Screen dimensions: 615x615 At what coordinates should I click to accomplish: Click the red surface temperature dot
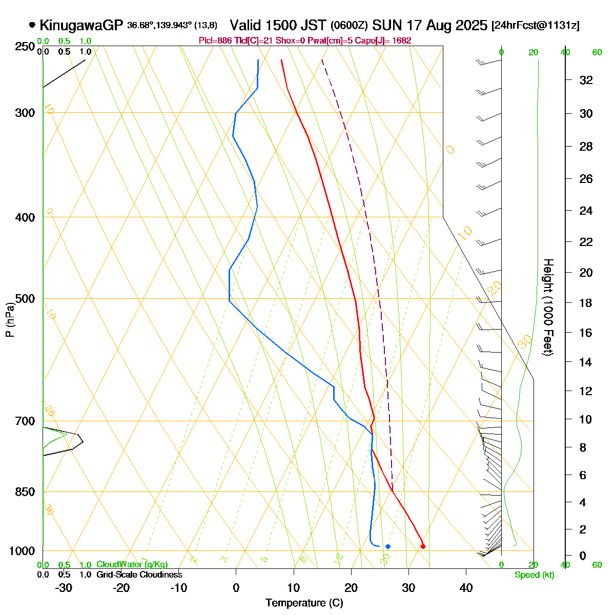(x=423, y=546)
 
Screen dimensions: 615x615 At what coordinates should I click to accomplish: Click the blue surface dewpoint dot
(x=388, y=546)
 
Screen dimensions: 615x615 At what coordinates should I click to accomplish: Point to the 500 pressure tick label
(x=26, y=299)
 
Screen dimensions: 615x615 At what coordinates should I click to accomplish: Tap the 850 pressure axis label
(x=26, y=492)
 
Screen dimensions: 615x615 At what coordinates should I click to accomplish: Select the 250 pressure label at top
(x=26, y=47)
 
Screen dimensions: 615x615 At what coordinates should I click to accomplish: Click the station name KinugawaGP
(x=81, y=25)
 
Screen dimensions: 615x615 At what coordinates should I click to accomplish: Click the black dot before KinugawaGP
(x=32, y=25)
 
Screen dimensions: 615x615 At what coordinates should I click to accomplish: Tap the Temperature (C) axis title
(x=304, y=603)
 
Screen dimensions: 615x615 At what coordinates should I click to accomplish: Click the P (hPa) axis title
(x=9, y=318)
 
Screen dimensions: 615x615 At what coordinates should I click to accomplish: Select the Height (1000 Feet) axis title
(x=547, y=307)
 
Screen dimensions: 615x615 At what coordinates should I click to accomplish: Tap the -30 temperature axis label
(x=64, y=588)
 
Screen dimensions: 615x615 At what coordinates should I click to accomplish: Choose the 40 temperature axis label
(x=466, y=588)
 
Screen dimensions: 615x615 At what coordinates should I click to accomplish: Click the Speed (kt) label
(x=534, y=575)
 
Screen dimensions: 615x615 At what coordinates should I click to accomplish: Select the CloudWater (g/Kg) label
(x=132, y=565)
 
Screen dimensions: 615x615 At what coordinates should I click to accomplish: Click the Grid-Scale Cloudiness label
(x=139, y=575)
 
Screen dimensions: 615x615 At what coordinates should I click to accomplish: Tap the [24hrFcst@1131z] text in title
(x=535, y=26)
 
